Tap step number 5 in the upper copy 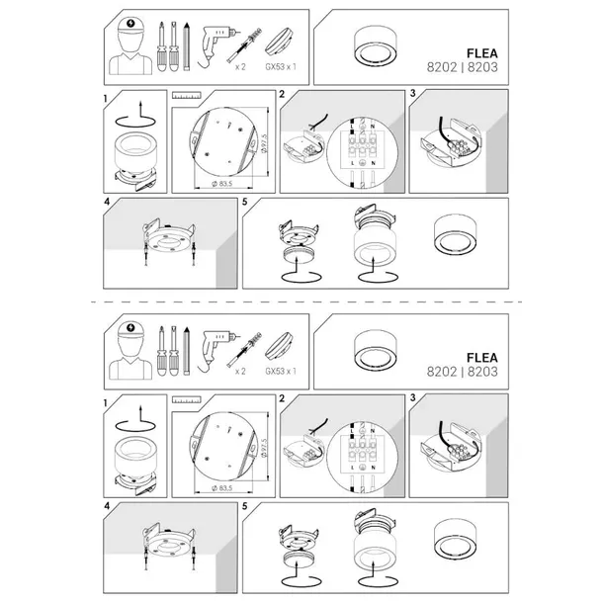[245, 202]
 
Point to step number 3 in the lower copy [413, 400]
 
